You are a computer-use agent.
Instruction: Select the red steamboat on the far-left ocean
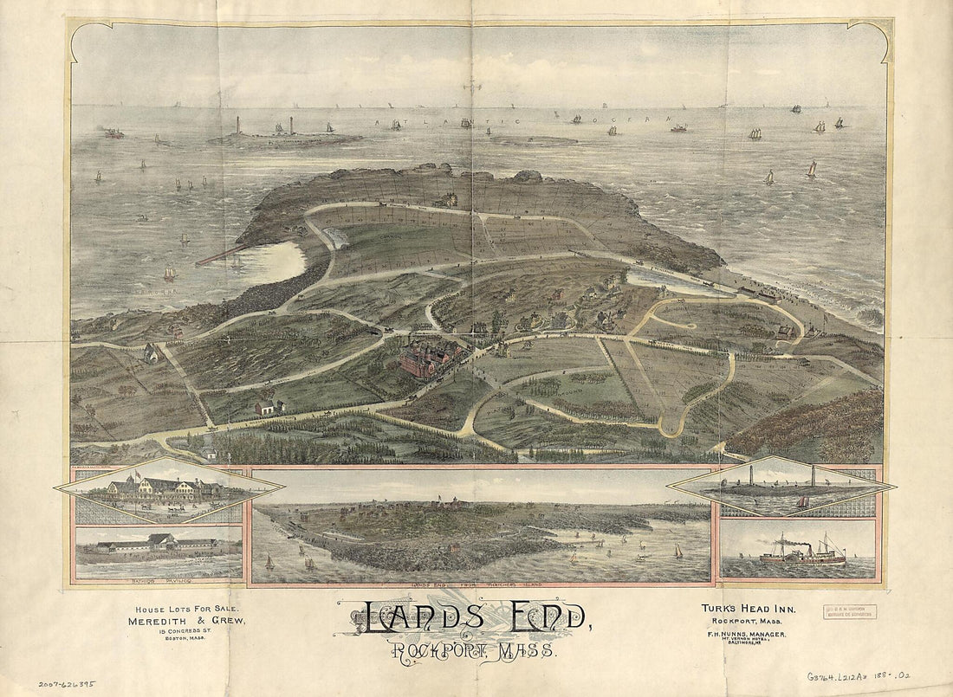(x=113, y=133)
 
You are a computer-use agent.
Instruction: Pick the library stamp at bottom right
(x=848, y=612)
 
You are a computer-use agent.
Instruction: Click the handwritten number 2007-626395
(x=67, y=683)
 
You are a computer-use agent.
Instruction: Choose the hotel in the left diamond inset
(x=165, y=490)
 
